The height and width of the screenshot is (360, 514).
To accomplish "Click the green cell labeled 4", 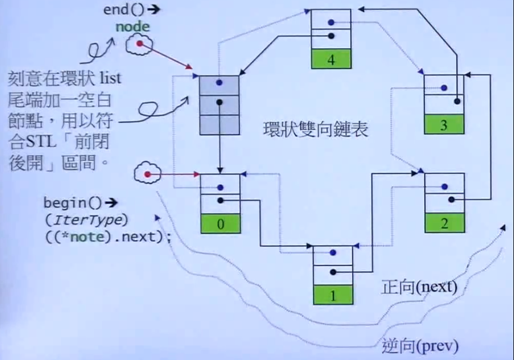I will (331, 59).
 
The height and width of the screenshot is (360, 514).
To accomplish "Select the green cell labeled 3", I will (443, 124).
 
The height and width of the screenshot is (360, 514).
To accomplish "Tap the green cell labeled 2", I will (444, 224).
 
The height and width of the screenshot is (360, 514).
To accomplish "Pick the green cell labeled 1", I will (333, 294).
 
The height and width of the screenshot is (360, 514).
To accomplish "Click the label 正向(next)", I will (419, 287).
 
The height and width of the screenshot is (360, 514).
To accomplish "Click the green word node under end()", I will (133, 26).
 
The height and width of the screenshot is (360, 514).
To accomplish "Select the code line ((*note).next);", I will (107, 236).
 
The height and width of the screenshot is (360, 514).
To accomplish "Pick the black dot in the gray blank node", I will (219, 102).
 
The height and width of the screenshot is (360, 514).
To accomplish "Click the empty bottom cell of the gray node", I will (219, 124).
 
